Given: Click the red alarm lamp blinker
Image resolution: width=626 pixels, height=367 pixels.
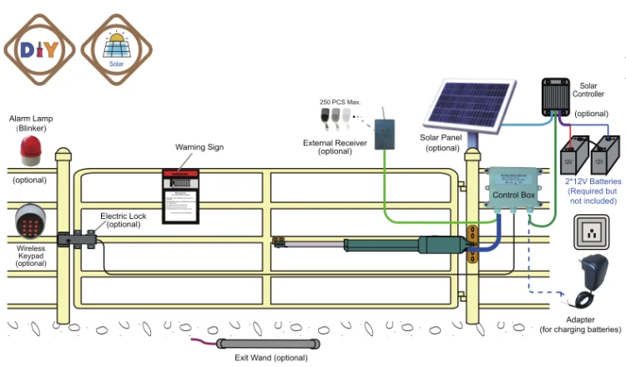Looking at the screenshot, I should pyautogui.click(x=30, y=150).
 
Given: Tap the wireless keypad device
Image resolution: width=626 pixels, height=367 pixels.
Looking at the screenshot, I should pyautogui.click(x=31, y=222).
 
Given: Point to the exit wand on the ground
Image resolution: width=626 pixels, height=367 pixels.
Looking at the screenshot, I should pyautogui.click(x=269, y=344).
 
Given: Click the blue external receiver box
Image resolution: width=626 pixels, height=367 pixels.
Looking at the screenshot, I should pyautogui.click(x=386, y=134).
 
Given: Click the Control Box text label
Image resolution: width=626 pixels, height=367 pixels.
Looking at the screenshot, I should pyautogui.click(x=513, y=195).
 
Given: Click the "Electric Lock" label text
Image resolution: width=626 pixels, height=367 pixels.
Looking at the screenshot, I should pyautogui.click(x=123, y=217).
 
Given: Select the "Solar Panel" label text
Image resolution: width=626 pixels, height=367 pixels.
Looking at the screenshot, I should pyautogui.click(x=441, y=138).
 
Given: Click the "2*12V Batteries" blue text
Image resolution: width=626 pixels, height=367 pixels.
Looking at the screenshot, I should pyautogui.click(x=593, y=181).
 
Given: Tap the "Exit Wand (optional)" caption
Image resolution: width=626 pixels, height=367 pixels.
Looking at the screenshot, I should pyautogui.click(x=269, y=358).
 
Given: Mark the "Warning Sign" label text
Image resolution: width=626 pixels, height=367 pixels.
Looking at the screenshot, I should pyautogui.click(x=199, y=147).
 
